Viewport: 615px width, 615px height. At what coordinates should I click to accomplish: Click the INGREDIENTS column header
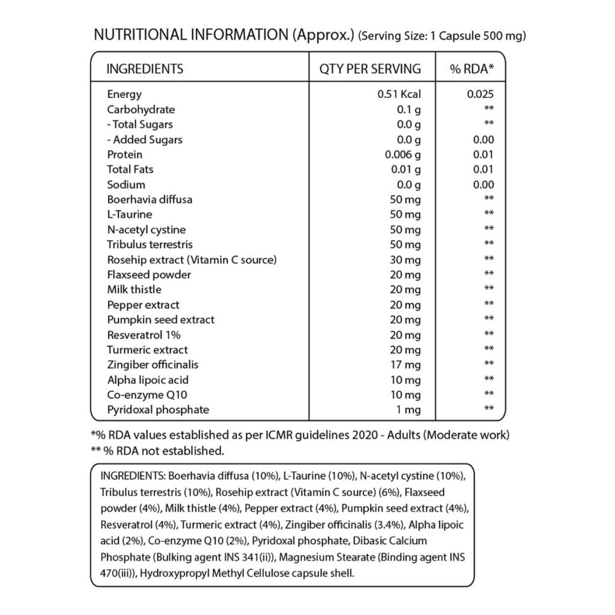click(145, 68)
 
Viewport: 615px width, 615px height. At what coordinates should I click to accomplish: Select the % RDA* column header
click(472, 68)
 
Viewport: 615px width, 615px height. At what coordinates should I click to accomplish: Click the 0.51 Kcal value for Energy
click(399, 94)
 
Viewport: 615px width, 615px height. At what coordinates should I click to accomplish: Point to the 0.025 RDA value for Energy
click(480, 94)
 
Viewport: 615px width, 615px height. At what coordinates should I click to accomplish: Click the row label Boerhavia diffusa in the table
click(150, 199)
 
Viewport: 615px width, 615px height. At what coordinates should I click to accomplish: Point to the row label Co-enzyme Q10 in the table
click(143, 395)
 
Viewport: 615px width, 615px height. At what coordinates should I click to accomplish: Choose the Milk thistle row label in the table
click(134, 289)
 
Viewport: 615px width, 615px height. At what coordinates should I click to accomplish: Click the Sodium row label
click(126, 184)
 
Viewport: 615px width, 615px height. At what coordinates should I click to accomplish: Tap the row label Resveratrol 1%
click(144, 335)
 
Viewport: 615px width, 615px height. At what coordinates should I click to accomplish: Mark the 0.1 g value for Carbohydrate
click(409, 109)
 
